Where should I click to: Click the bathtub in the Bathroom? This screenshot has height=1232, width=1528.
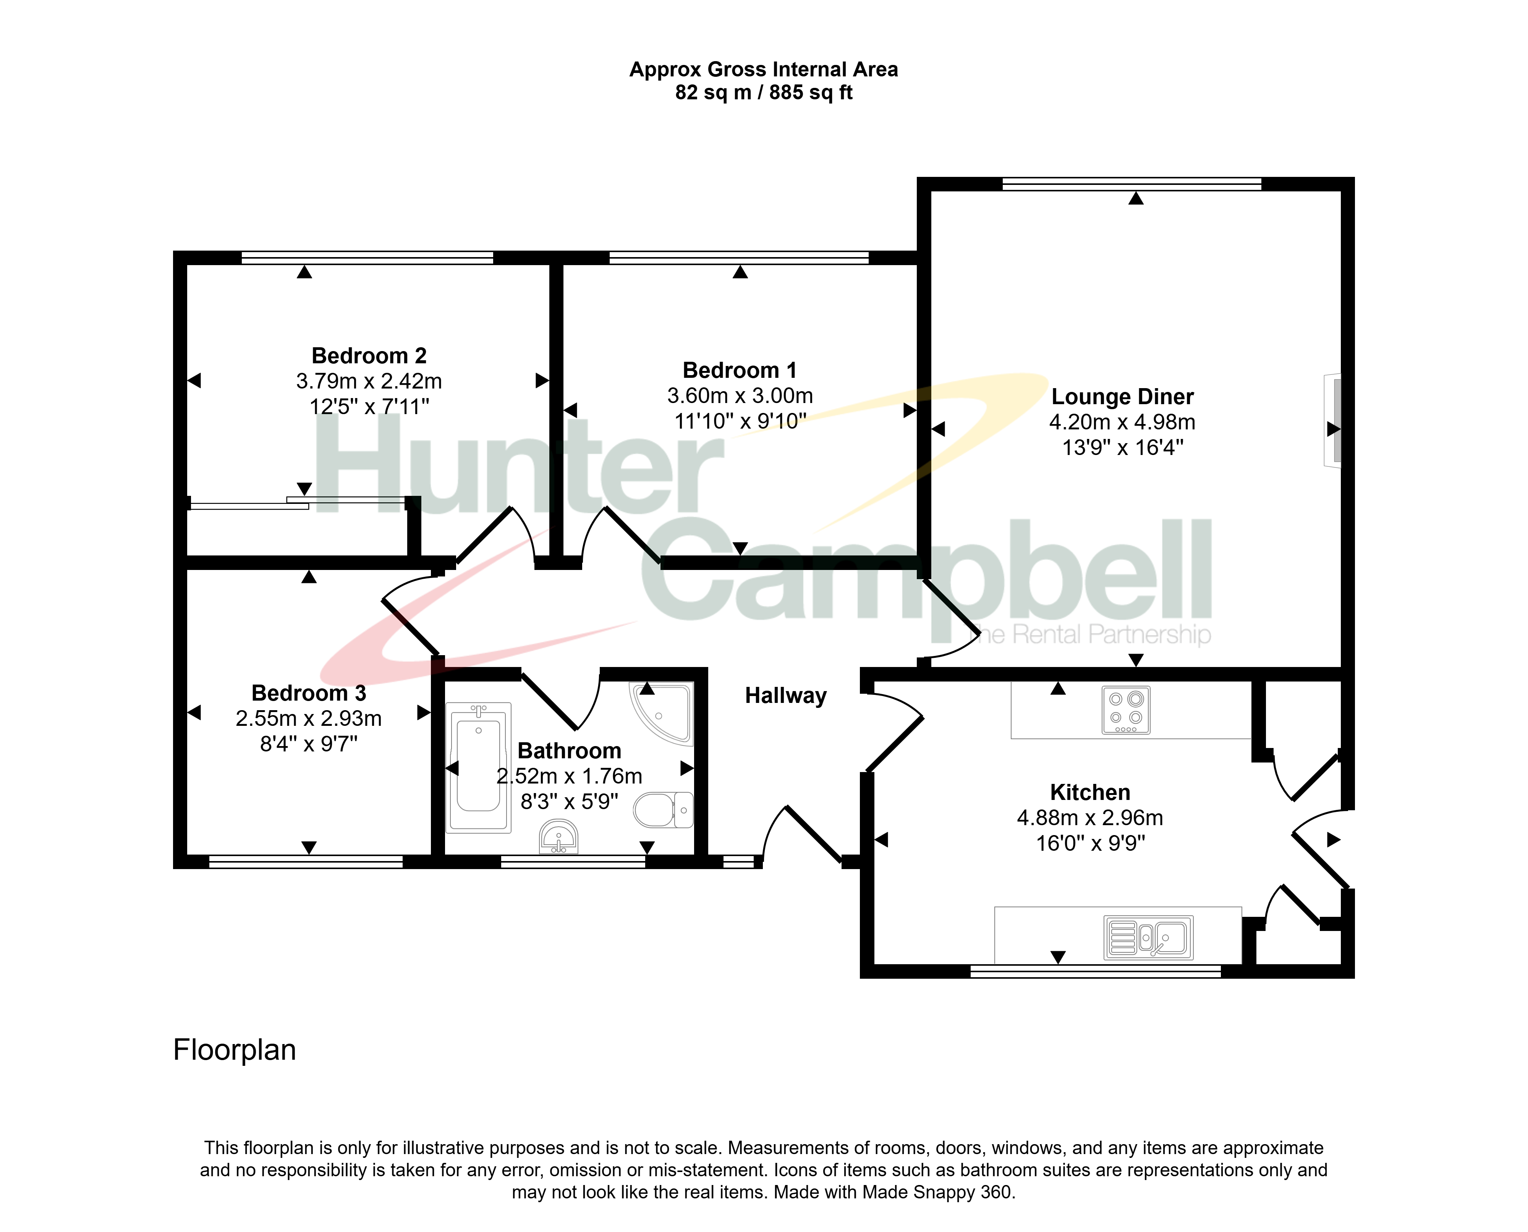(x=478, y=767)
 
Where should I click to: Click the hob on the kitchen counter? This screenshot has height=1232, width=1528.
(x=1126, y=710)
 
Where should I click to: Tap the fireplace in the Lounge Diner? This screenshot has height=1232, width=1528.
(x=1332, y=420)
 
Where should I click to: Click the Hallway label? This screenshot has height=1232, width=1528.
(x=786, y=696)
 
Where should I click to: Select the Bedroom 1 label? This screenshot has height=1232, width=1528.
(x=740, y=371)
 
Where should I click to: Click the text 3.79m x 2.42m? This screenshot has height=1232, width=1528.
(x=369, y=381)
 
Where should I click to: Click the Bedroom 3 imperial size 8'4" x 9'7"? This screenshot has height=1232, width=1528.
(x=309, y=744)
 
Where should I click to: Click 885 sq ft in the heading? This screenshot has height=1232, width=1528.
(x=811, y=92)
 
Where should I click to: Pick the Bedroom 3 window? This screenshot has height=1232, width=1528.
(x=306, y=861)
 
